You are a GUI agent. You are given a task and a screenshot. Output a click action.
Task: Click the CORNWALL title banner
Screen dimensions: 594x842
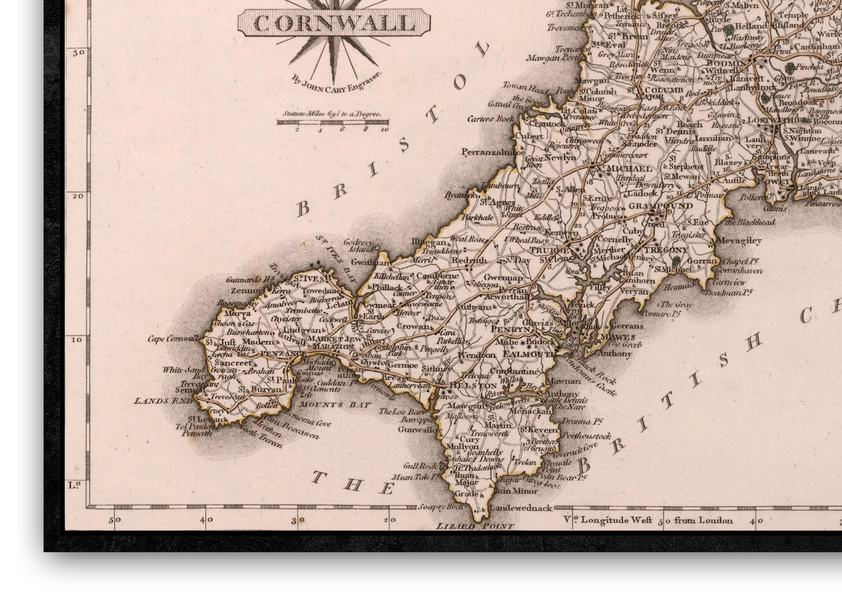click(334, 23)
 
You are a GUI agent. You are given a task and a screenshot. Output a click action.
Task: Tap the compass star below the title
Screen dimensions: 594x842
click(334, 50)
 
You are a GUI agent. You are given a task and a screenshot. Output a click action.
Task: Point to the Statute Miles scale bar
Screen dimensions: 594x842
click(332, 122)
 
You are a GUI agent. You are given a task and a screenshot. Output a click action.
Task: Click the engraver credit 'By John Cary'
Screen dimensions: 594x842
click(336, 82)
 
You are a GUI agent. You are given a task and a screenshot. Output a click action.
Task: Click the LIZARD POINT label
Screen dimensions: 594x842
click(475, 526)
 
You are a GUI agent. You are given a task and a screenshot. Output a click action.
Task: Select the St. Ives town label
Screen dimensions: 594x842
click(310, 278)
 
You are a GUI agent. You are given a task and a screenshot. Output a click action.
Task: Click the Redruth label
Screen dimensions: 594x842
click(469, 260)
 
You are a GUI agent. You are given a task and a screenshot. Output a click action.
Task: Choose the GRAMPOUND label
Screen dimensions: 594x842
click(660, 206)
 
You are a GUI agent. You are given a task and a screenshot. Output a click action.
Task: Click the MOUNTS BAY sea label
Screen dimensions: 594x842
click(328, 405)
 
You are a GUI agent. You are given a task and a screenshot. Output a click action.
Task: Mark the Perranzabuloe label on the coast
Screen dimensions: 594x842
click(493, 152)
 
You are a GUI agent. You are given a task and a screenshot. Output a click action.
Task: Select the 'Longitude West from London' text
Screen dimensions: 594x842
click(657, 520)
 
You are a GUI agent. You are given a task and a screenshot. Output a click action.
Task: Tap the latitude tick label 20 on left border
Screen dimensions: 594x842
click(77, 196)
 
